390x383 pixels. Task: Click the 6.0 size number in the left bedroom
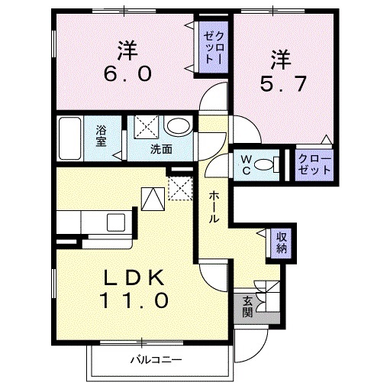coord(127,75)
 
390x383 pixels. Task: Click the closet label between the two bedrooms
coord(211,47)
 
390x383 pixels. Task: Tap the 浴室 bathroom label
coord(102,138)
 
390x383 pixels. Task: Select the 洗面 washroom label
coord(161,148)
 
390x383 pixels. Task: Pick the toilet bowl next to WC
coord(266,163)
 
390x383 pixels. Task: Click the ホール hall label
coord(214,207)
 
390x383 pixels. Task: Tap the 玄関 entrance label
coord(247,305)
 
